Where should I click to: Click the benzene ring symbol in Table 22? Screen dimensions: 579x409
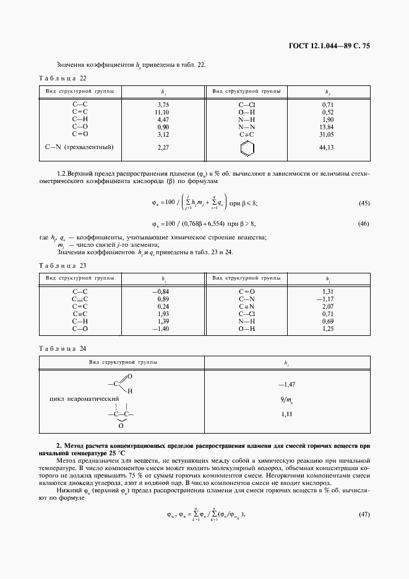point(246,148)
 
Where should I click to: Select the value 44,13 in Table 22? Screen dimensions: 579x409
point(327,148)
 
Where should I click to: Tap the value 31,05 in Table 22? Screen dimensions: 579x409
point(327,134)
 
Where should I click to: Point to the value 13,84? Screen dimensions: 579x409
point(327,126)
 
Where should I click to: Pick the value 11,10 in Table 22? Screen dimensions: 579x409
point(163,112)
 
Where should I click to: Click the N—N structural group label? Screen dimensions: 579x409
point(246,126)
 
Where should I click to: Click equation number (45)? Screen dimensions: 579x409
point(364,203)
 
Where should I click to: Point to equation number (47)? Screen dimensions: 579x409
point(364,514)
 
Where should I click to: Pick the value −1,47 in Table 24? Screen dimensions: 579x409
point(286,385)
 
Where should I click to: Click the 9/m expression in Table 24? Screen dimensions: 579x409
point(286,400)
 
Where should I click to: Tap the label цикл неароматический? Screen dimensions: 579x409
point(84,400)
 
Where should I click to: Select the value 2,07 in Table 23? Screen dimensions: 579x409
point(327,306)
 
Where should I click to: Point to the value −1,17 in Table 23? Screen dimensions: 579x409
point(326,299)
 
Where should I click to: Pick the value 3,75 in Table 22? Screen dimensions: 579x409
point(163,105)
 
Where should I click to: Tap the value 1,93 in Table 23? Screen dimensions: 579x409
point(163,314)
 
